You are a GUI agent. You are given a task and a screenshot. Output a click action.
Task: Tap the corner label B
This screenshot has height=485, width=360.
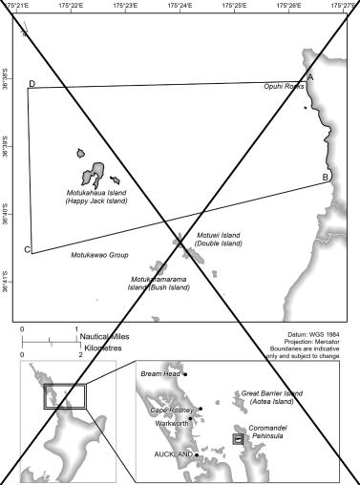[326, 178]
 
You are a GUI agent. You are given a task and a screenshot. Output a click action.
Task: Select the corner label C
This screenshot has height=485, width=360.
[27, 250]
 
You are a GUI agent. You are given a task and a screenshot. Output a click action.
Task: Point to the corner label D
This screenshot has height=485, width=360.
[32, 84]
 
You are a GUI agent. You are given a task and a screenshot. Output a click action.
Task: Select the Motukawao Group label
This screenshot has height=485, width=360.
[99, 255]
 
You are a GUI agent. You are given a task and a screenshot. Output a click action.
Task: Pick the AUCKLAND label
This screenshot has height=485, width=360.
[174, 454]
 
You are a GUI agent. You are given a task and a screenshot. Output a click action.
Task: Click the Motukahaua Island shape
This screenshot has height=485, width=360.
[93, 175]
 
